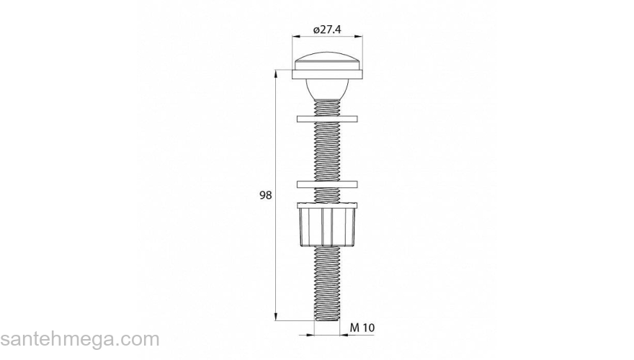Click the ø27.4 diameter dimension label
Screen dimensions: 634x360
[327, 30]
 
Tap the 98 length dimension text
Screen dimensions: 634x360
[265, 195]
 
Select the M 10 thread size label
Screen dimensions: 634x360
[362, 328]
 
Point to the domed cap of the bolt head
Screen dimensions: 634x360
[327, 61]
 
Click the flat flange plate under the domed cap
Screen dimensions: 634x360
[327, 74]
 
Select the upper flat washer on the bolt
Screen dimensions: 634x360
[327, 119]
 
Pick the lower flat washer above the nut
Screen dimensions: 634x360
[327, 184]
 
